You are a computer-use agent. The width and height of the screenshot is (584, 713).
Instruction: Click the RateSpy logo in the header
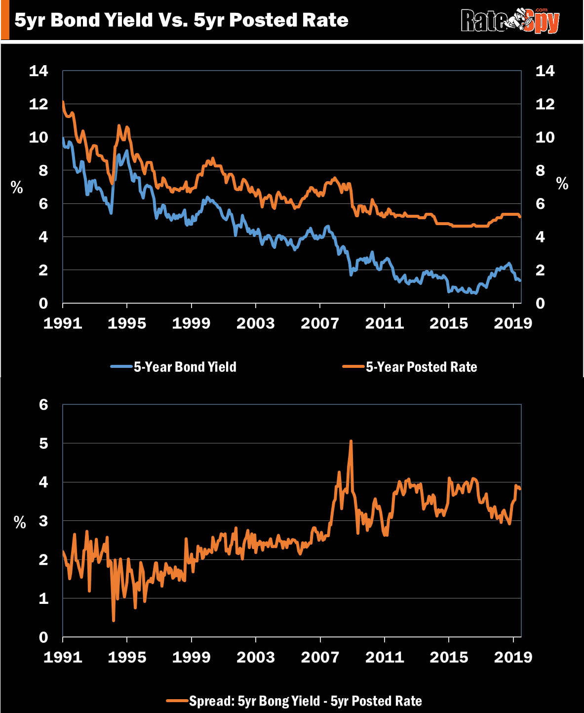click(x=510, y=21)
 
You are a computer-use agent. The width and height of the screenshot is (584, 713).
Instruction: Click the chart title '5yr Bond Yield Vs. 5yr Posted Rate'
click(x=181, y=20)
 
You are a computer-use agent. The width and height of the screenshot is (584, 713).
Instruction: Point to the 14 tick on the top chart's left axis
click(x=39, y=71)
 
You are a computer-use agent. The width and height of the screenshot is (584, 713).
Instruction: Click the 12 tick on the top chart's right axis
click(x=545, y=104)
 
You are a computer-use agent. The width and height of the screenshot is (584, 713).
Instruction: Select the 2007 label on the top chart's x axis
click(x=320, y=323)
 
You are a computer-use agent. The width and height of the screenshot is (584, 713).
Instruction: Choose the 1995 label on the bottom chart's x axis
click(x=127, y=657)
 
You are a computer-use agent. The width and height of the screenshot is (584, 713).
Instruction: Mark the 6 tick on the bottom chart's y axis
click(x=43, y=405)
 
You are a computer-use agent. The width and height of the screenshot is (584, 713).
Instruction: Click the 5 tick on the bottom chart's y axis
click(x=43, y=443)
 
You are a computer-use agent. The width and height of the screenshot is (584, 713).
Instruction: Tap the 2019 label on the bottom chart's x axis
click(x=513, y=657)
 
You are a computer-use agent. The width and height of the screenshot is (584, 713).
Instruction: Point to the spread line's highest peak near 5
click(x=350, y=441)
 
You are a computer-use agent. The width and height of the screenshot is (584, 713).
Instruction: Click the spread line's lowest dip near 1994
click(x=114, y=620)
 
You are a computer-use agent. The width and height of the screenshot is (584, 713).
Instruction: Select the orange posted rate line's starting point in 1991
click(x=63, y=102)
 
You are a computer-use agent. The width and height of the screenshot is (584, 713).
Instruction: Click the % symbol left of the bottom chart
click(x=20, y=522)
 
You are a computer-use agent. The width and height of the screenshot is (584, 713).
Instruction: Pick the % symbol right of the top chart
click(x=562, y=184)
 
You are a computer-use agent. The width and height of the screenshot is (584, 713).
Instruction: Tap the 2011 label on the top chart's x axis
click(x=385, y=323)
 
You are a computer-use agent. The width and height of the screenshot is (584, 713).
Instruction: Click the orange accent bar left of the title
click(x=4, y=20)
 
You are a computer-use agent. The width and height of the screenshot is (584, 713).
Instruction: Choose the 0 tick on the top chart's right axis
click(x=541, y=303)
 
